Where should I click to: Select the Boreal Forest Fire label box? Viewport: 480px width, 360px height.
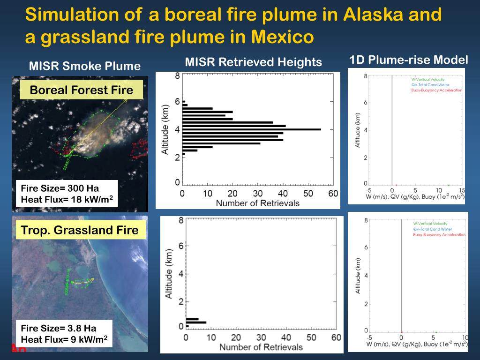click(x=81, y=90)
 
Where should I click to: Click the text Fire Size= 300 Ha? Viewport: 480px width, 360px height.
click(x=60, y=188)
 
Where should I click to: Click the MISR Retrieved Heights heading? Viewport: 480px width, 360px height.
click(x=253, y=62)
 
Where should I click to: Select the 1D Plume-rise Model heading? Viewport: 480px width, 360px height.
click(x=408, y=60)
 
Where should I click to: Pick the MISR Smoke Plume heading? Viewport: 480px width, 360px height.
click(x=84, y=66)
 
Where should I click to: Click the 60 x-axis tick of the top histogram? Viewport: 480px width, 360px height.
click(x=332, y=194)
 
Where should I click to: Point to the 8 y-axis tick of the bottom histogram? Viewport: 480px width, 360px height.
click(x=180, y=220)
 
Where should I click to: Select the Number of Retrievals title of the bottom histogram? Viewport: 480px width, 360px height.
click(x=261, y=347)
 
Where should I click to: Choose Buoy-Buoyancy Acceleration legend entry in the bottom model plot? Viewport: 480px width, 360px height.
click(x=439, y=235)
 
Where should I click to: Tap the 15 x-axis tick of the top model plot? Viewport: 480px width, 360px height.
click(x=461, y=190)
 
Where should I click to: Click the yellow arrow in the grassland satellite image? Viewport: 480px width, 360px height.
click(x=84, y=282)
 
